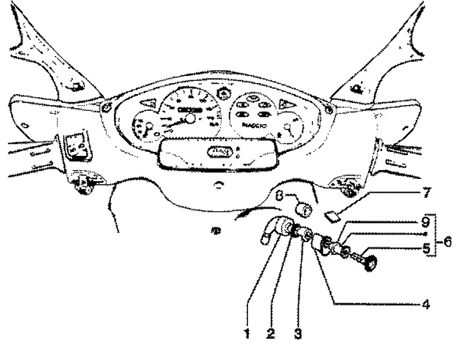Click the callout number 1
coord(247,333)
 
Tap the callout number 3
coord(298,334)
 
